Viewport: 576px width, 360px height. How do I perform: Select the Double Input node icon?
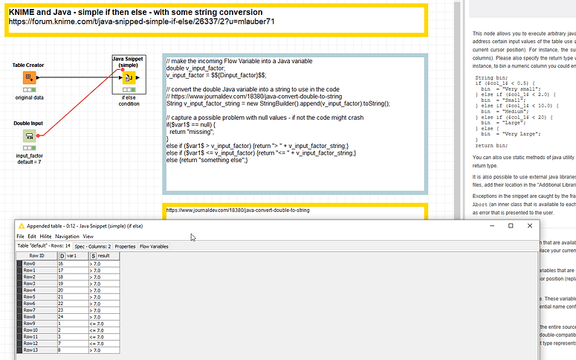(x=28, y=135)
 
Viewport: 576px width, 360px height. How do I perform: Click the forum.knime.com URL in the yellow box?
(x=141, y=22)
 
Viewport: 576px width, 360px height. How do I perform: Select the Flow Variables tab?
(x=154, y=246)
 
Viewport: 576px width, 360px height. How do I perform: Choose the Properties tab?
(x=126, y=246)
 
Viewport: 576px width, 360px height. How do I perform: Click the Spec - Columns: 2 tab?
(x=93, y=246)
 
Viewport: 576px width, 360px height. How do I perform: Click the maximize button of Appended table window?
(x=511, y=225)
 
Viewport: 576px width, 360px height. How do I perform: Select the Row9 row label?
(x=30, y=324)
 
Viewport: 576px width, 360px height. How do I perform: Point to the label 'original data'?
(x=30, y=97)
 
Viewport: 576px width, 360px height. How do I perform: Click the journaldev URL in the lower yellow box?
(x=238, y=210)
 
